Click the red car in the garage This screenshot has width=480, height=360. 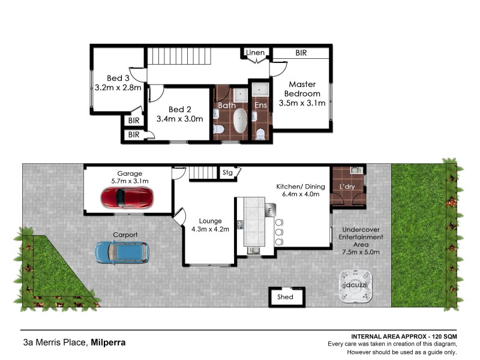tap(127, 196)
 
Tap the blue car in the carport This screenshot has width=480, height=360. tap(122, 251)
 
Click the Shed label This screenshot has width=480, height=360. tap(285, 297)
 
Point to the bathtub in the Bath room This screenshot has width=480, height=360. tap(240, 121)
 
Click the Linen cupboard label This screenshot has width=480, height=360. tap(255, 53)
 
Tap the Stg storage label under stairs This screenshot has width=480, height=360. tap(227, 173)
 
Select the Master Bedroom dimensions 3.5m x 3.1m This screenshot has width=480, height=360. tap(302, 103)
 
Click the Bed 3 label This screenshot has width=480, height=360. tap(118, 78)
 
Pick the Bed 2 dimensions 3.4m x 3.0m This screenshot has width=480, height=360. tap(180, 119)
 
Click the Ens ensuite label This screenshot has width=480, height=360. tap(260, 105)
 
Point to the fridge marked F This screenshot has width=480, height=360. tap(271, 211)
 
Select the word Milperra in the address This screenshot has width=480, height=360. tap(109, 343)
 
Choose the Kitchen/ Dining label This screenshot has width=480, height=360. tap(300, 186)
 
